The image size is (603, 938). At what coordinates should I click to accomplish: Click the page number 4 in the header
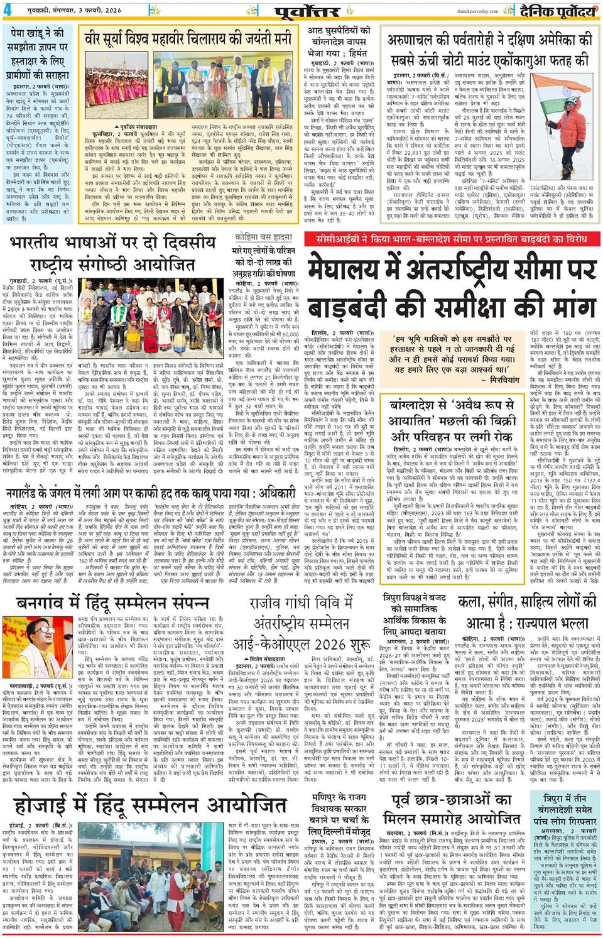[x=8, y=10]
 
